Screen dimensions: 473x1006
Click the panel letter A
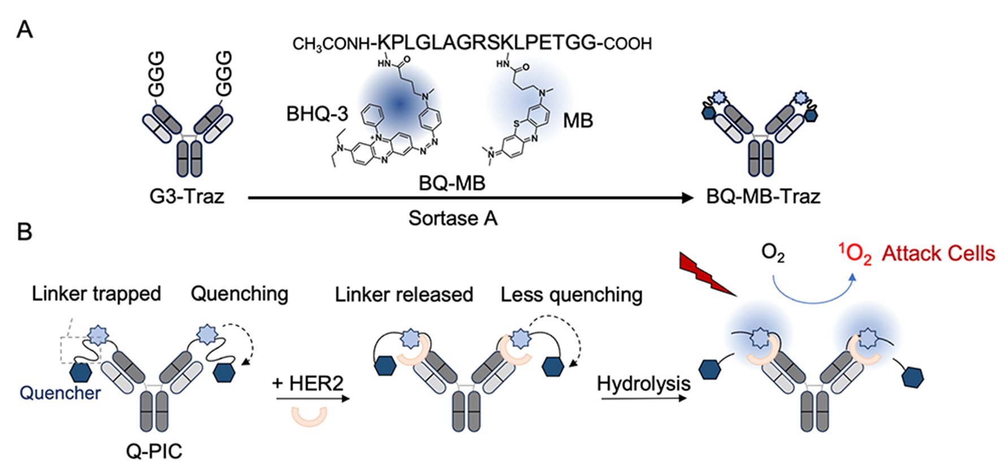click(x=24, y=29)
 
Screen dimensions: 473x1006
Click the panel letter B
click(x=24, y=232)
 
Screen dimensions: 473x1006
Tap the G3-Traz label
click(x=187, y=196)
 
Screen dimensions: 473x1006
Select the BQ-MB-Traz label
click(x=763, y=196)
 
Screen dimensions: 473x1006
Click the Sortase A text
click(x=453, y=218)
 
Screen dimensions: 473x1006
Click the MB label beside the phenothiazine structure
click(x=578, y=120)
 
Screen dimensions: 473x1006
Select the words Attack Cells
click(x=938, y=254)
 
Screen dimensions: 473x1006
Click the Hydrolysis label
click(x=643, y=384)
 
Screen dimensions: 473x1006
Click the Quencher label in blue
click(x=60, y=393)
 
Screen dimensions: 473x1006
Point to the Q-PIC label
click(x=154, y=451)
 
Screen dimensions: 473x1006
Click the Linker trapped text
click(x=96, y=294)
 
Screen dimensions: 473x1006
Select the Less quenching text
click(x=571, y=294)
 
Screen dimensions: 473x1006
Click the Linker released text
click(x=404, y=294)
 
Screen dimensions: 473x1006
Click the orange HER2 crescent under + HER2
click(x=309, y=417)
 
